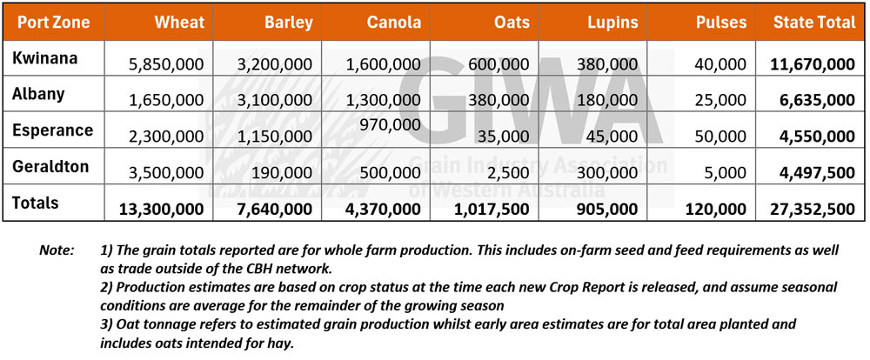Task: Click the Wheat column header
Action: click(179, 23)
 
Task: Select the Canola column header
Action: click(393, 23)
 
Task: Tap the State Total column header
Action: click(814, 23)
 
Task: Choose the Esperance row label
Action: click(53, 130)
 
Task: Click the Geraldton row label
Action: click(50, 166)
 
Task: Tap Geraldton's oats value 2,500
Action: click(510, 172)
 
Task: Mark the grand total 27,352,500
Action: click(813, 209)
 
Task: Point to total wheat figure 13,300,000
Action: click(162, 209)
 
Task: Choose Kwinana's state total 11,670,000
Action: click(813, 64)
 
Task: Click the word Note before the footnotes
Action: click(57, 250)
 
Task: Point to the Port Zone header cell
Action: click(53, 23)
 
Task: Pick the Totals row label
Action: click(36, 203)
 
